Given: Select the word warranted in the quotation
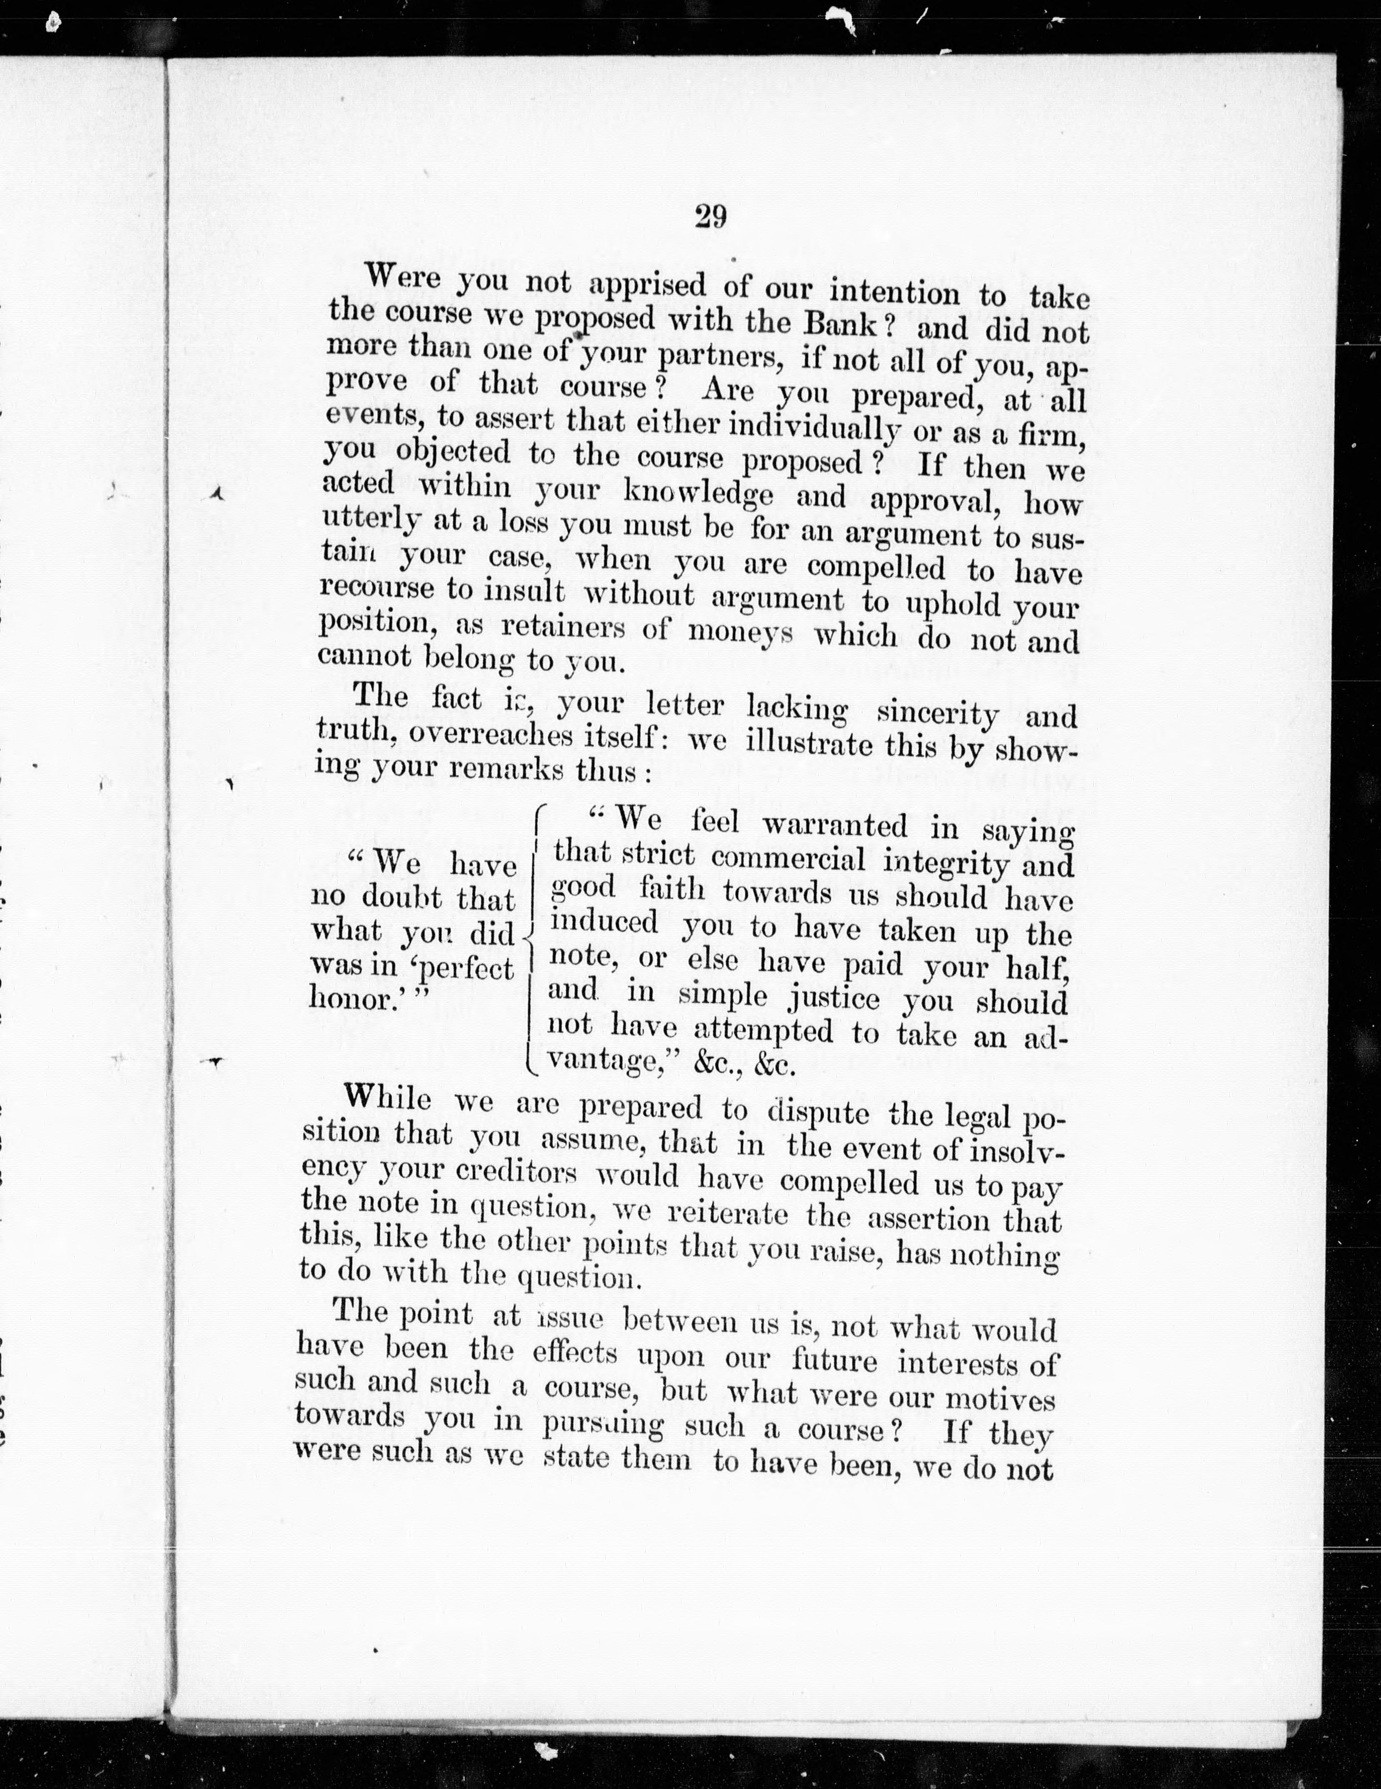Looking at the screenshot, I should pos(835,825).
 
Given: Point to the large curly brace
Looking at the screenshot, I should pos(532,934).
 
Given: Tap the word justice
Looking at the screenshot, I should pos(833,998).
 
